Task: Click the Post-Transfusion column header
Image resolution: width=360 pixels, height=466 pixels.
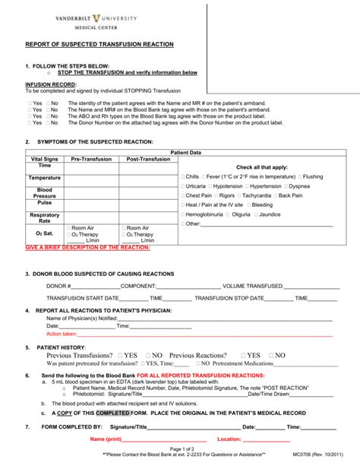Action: point(148,159)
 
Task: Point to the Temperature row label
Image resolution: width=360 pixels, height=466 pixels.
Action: point(45,177)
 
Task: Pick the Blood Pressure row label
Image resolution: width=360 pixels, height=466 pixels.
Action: point(45,192)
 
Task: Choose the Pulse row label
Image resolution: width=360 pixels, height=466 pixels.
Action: point(45,204)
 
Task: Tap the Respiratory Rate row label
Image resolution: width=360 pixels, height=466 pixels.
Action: point(45,217)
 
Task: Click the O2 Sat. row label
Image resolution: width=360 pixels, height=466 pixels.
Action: point(45,232)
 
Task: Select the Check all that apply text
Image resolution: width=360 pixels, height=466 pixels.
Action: point(262,166)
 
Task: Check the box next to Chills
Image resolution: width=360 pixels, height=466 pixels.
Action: point(183,176)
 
